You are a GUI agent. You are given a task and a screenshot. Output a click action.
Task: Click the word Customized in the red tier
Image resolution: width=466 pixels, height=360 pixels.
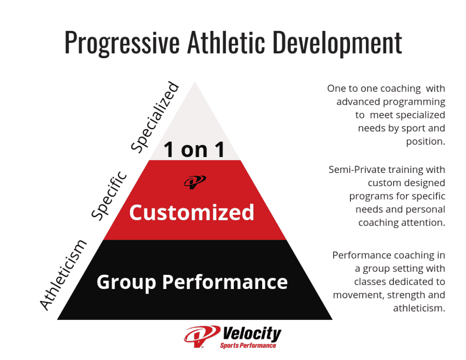192,213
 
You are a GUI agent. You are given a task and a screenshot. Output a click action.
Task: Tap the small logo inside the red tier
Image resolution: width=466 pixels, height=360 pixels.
195,182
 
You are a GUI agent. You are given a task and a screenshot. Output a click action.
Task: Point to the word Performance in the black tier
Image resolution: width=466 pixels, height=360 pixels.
225,282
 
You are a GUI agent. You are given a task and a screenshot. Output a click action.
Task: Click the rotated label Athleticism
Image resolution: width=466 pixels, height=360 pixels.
63,274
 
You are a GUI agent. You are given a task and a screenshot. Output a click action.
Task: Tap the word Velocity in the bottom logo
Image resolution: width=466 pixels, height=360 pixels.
251,335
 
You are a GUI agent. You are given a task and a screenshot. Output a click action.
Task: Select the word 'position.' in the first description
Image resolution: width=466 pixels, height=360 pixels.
425,141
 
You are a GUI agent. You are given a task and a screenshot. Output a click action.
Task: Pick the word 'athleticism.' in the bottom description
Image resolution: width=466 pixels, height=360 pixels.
419,308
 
